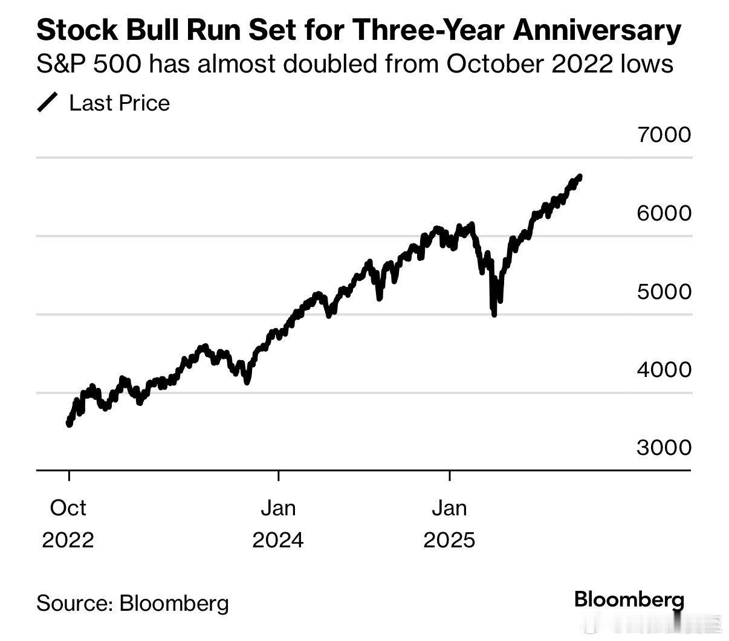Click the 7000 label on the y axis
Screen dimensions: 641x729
(664, 134)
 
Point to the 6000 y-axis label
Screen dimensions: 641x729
(664, 213)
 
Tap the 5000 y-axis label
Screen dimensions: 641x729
(664, 291)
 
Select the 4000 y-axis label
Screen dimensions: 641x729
(664, 369)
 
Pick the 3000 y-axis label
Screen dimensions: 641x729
(664, 447)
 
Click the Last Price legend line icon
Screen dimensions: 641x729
(47, 103)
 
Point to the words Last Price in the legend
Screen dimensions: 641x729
(120, 103)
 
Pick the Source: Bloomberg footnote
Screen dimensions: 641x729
(133, 602)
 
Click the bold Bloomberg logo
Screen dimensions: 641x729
(629, 599)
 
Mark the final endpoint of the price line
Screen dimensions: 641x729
(580, 176)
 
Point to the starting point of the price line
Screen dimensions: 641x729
(69, 424)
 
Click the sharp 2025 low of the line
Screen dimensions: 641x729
(494, 314)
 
